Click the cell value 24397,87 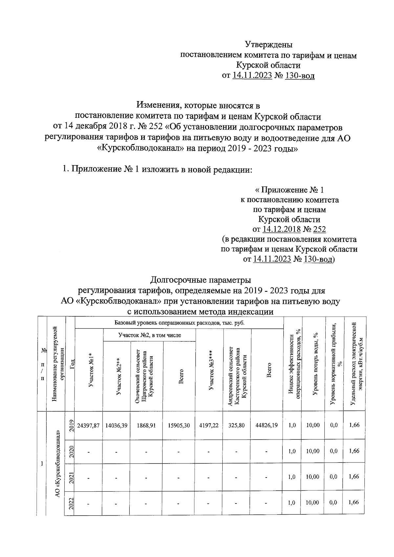(x=88, y=425)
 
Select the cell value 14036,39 (x=116, y=425)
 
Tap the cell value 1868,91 (x=146, y=425)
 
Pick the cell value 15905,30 (x=179, y=425)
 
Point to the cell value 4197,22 (x=209, y=425)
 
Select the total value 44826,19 (x=266, y=425)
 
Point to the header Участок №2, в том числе (x=149, y=335)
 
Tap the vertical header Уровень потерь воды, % (x=316, y=364)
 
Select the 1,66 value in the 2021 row (x=354, y=477)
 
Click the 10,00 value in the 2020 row (x=313, y=451)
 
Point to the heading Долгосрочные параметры (x=201, y=280)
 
